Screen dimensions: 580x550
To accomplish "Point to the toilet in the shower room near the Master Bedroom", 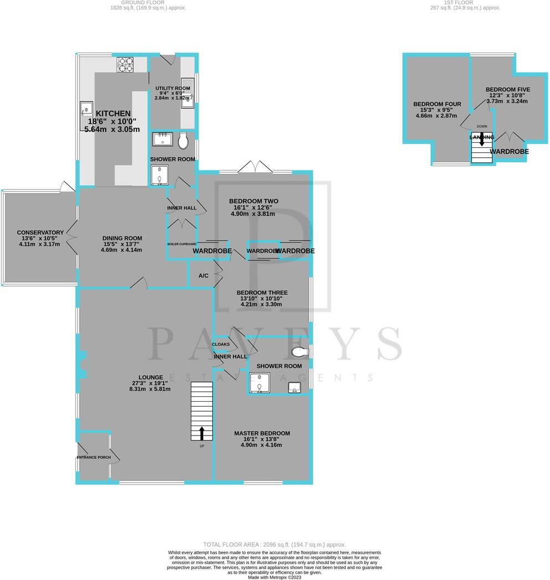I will pos(299,352).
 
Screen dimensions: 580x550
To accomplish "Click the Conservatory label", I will pos(40,232).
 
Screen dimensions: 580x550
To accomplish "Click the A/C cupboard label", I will pos(203,276).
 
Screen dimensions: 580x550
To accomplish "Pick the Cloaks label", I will pos(221,344).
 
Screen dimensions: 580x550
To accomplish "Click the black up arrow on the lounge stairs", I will pos(201,432).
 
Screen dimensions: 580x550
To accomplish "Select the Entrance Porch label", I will pos(97,458).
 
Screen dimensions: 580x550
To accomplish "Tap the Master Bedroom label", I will pos(262,433).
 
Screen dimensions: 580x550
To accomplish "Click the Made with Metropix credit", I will pos(274,577).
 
